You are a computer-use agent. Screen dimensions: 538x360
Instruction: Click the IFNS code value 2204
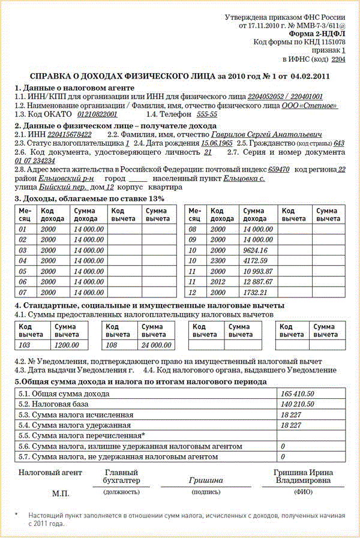pos(338,60)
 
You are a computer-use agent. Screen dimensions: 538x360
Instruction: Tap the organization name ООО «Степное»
pos(310,106)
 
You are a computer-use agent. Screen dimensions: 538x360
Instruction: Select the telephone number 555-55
pos(207,114)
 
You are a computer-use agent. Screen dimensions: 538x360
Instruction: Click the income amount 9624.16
pos(256,250)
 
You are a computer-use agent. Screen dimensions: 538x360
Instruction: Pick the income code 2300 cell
pos(217,261)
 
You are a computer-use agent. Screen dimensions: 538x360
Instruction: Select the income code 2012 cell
pos(217,282)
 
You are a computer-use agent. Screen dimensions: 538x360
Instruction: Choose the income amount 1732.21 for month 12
pos(255,292)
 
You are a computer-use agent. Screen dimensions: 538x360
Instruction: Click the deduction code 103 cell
pos(26,345)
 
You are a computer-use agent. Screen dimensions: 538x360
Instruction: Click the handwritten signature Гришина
pos(206,480)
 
